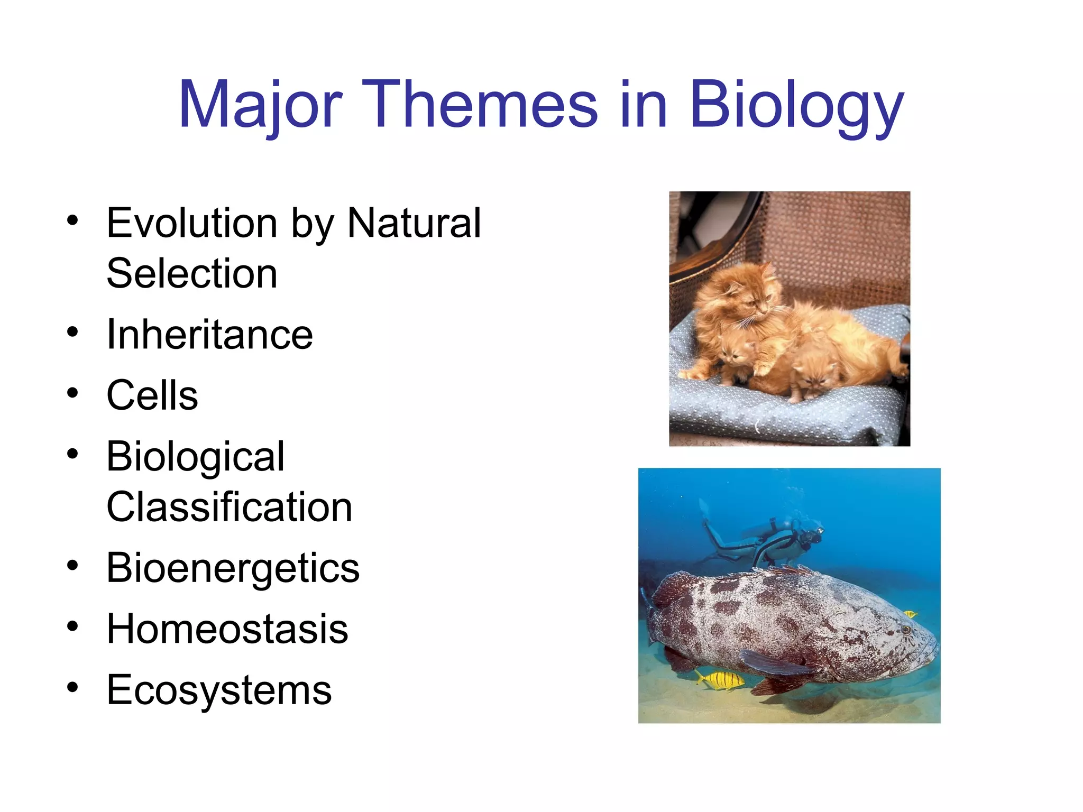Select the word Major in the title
[x=261, y=105]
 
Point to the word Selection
[x=192, y=274]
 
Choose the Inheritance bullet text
[x=210, y=335]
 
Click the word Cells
[x=152, y=396]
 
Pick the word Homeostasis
[x=227, y=629]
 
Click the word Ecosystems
[x=219, y=690]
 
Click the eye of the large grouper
[x=905, y=630]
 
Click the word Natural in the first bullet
[x=414, y=224]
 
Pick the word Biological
[x=196, y=457]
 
